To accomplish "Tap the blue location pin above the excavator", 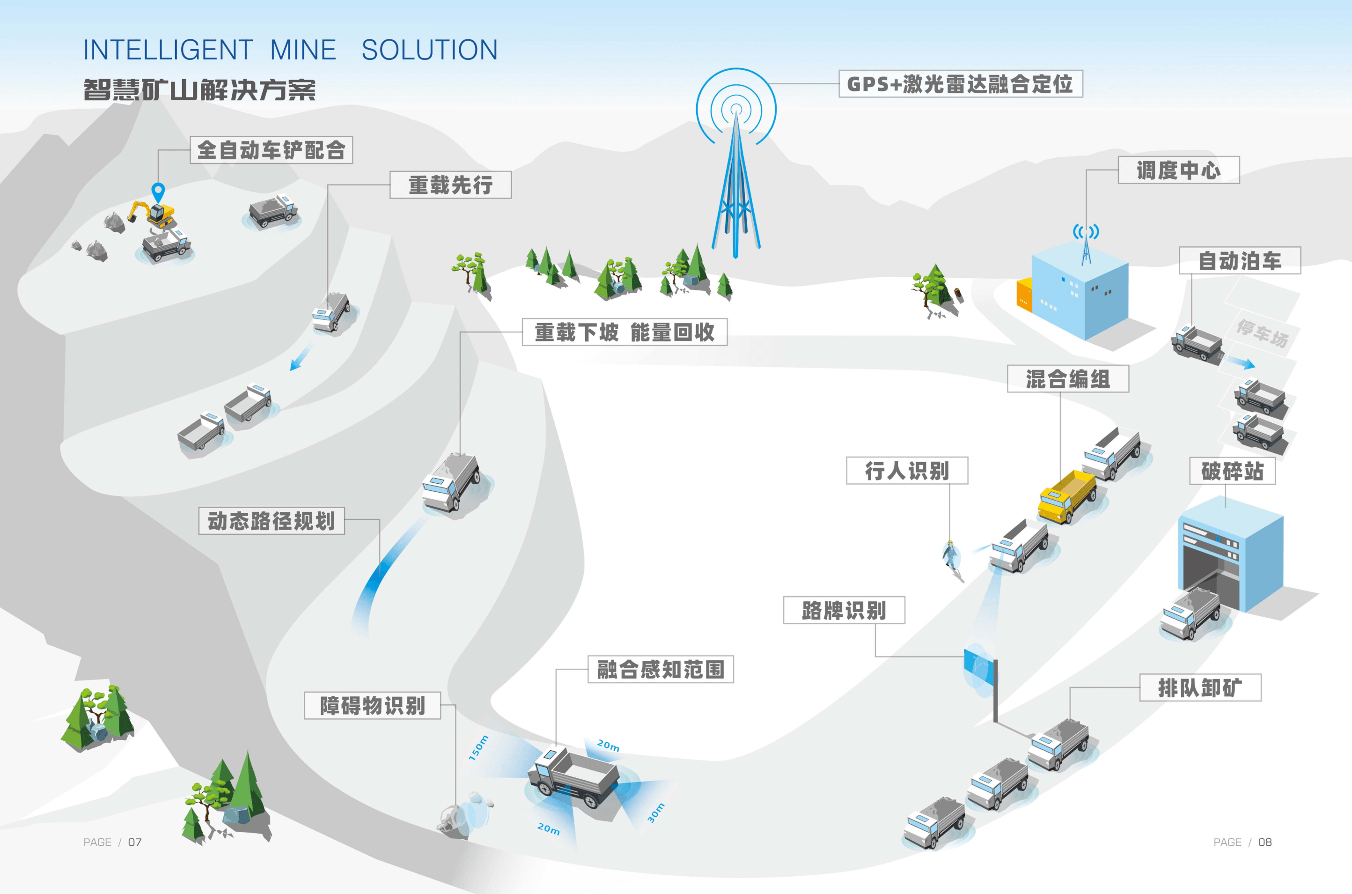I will tap(158, 192).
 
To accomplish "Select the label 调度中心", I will tap(1178, 170).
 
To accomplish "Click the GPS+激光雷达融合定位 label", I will tap(961, 84).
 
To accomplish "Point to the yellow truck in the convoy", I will tap(1066, 495).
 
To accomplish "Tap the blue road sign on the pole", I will tap(978, 667).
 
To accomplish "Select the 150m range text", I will tap(478, 747).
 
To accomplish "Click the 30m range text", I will tap(655, 813).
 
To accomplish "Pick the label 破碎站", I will tap(1232, 471).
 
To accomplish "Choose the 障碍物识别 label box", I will tap(372, 705).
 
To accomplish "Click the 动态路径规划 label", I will tap(272, 521).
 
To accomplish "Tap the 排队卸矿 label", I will tap(1200, 687).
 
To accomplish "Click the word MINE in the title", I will tap(303, 50).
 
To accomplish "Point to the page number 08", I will tap(1265, 842).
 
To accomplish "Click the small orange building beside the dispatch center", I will tap(1024, 294).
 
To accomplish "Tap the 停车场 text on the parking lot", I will tap(1262, 333).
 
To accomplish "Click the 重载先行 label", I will tap(450, 185).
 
